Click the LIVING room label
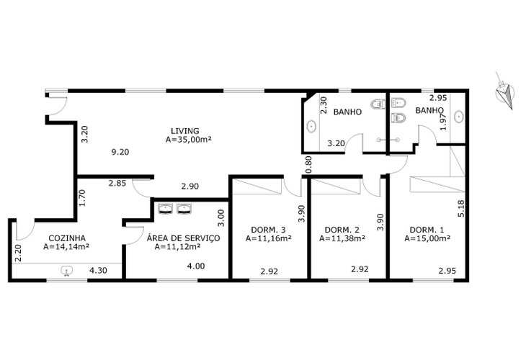184,130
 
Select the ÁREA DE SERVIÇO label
183,238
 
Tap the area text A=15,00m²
427,238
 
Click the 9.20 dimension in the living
120,152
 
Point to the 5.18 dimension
461,209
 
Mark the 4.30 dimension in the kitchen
98,271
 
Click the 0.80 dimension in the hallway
308,164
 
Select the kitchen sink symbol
66,271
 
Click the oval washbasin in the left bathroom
311,127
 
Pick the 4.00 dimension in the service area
196,266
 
